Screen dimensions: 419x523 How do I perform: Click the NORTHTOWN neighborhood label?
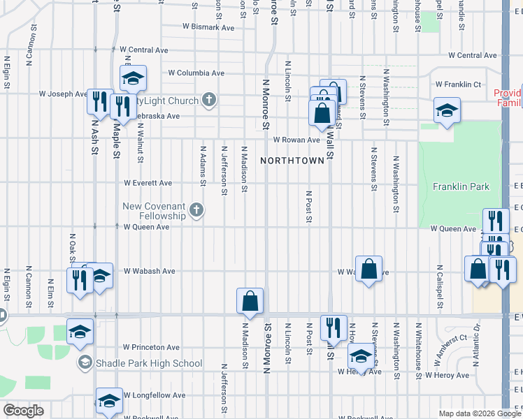coord(292,161)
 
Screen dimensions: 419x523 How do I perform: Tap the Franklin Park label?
coord(461,186)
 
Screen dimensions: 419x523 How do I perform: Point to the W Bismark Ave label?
coord(208,27)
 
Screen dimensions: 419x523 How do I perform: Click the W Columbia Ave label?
coord(196,73)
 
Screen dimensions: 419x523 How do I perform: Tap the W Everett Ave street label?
coord(148,183)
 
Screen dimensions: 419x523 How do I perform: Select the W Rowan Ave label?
coord(296,140)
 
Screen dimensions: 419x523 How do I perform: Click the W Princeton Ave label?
coord(152,347)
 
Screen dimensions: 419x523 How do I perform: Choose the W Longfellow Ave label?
coord(155,395)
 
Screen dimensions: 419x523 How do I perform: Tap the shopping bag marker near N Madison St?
coord(250,302)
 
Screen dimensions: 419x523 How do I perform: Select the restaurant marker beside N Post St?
coord(334,328)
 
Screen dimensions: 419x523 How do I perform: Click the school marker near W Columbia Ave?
coord(132,79)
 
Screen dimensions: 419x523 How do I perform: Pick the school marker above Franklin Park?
coord(446,110)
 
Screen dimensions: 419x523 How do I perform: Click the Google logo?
coord(23,411)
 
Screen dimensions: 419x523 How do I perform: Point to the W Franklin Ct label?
coord(458,84)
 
